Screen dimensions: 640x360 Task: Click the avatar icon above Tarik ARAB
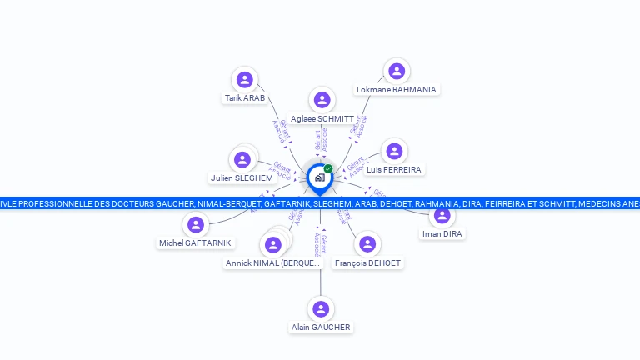(x=244, y=79)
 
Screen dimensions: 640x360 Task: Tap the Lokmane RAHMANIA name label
(x=396, y=90)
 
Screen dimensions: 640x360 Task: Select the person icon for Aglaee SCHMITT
(x=322, y=100)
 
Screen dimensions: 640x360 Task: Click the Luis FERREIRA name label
(x=394, y=170)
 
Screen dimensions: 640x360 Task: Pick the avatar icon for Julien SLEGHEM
(x=243, y=159)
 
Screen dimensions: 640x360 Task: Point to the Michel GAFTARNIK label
(x=196, y=243)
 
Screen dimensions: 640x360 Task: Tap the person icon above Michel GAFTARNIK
(x=196, y=224)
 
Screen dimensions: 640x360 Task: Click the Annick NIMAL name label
(x=272, y=263)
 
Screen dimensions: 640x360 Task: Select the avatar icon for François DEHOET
(x=367, y=244)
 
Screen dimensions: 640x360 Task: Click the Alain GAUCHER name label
(x=321, y=327)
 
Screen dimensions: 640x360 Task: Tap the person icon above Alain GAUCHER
(x=321, y=308)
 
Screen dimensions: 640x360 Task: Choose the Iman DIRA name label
(x=442, y=234)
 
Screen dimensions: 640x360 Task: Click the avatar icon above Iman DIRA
(x=442, y=215)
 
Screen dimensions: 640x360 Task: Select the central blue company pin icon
(x=319, y=178)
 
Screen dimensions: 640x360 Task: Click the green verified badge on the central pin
(x=328, y=169)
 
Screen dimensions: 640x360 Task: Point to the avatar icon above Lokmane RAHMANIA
(x=397, y=71)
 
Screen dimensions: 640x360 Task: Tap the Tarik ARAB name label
(x=245, y=98)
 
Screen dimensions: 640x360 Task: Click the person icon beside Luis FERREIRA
(x=394, y=151)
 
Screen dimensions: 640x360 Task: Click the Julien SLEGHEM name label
(x=242, y=178)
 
